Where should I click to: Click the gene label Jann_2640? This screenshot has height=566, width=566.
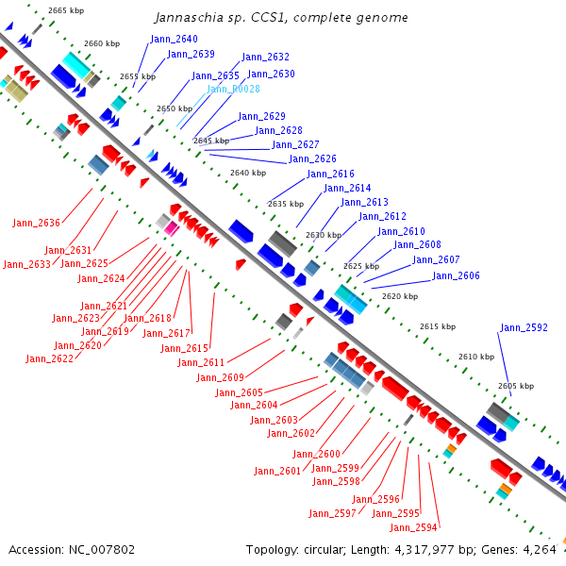pos(174,39)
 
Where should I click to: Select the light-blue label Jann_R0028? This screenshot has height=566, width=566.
pos(233,89)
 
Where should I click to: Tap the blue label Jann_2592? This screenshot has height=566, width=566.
pos(524,328)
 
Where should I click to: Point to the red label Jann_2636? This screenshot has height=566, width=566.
pos(36,223)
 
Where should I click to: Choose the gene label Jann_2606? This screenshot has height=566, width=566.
pos(456,276)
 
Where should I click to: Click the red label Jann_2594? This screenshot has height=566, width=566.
pos(413,527)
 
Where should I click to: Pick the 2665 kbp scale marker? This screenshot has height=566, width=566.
pos(65,10)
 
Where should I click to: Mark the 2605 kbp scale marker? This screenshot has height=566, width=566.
pos(515,386)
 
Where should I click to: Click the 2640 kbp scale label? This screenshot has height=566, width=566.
pos(248,173)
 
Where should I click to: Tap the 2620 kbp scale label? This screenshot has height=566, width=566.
pos(399,296)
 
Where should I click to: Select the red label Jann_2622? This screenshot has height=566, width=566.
pos(49,358)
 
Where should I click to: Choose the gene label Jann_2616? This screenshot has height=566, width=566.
pos(330,175)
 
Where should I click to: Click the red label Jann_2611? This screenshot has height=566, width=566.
pos(201,363)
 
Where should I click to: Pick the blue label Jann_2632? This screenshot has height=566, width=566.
pos(265,58)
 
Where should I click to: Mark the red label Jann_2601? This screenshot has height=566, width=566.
pos(277,471)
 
